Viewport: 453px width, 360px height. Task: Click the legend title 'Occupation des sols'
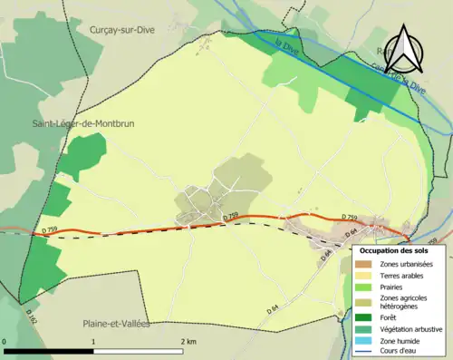394,250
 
